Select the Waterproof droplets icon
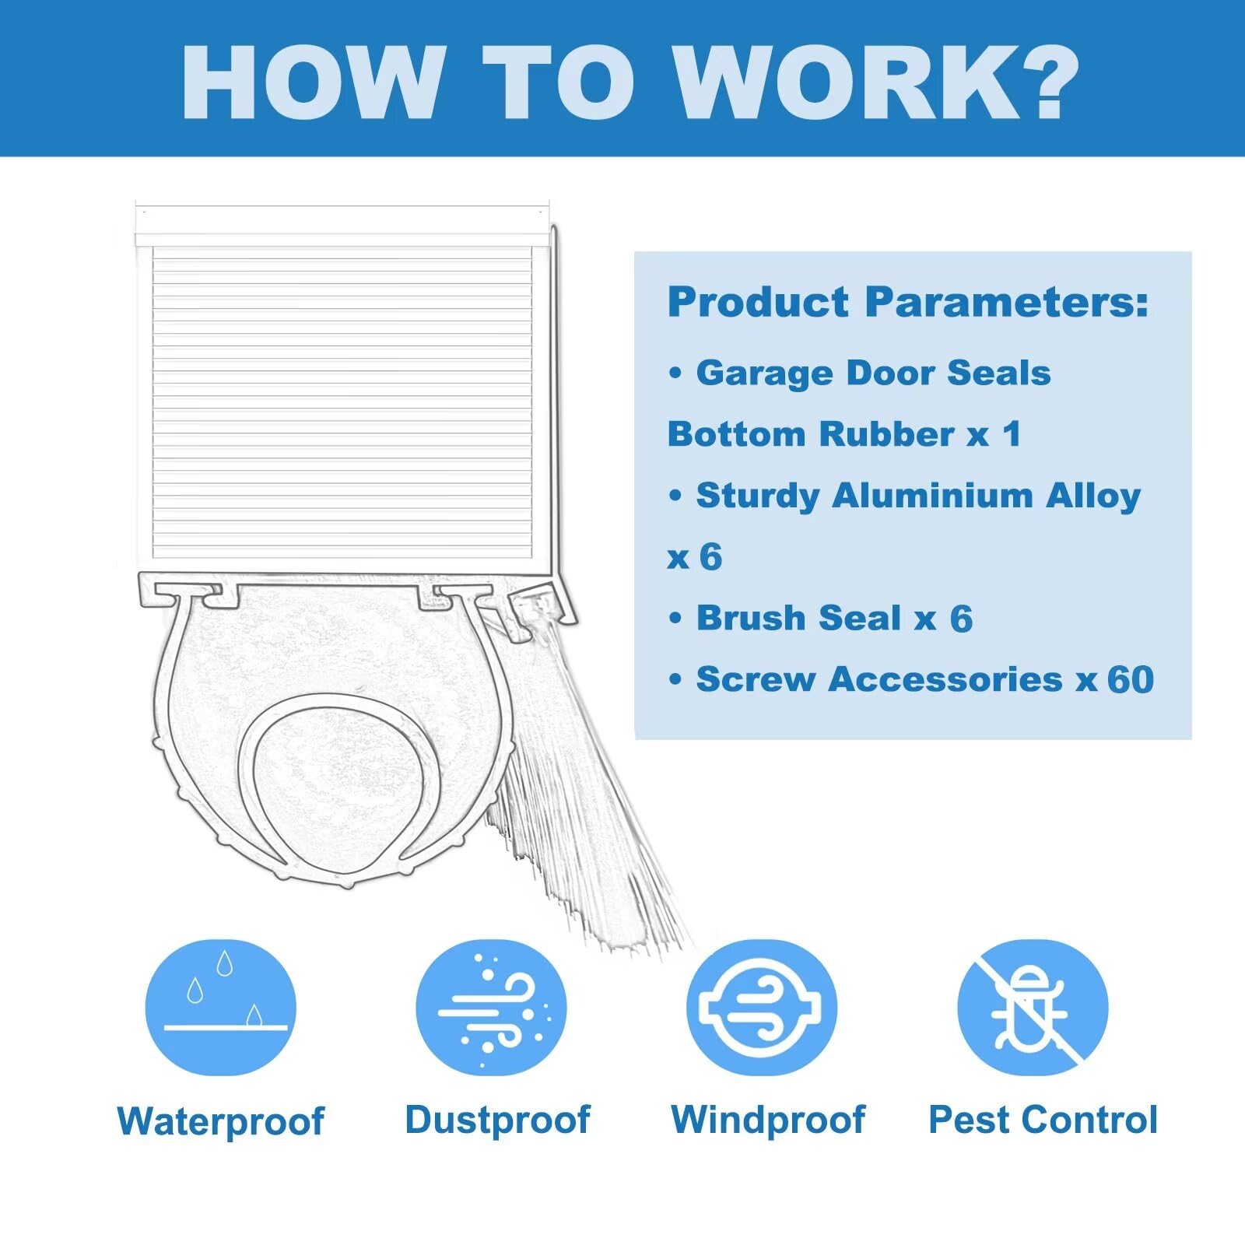221,1008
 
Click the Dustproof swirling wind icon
491,1008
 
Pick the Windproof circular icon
762,1008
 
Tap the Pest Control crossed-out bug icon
1032,1008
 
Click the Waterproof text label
221,1121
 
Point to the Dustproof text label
497,1120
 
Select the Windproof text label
768,1120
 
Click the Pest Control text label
1043,1120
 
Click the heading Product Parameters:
908,302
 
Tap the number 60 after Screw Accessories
1131,679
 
